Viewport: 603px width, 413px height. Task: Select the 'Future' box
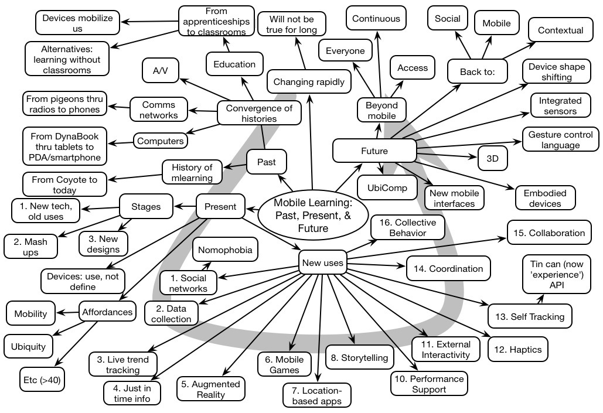point(374,151)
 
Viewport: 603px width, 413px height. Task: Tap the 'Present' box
point(220,206)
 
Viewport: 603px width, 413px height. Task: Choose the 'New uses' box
point(322,263)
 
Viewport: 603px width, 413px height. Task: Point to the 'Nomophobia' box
point(226,251)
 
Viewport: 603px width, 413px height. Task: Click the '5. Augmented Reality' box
point(211,389)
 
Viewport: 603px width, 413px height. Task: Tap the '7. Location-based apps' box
point(317,395)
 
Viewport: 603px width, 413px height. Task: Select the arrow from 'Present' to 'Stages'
point(186,206)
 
